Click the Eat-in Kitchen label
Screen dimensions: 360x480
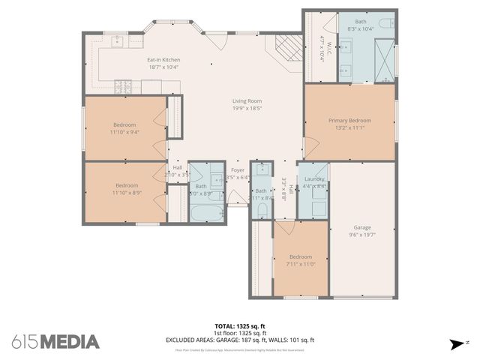pyautogui.click(x=163, y=59)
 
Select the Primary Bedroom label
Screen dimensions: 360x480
pyautogui.click(x=349, y=120)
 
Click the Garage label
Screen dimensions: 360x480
pyautogui.click(x=362, y=227)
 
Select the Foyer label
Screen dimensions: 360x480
pyautogui.click(x=238, y=169)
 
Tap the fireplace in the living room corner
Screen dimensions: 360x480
pyautogui.click(x=286, y=49)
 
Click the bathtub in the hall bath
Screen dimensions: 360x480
pyautogui.click(x=202, y=213)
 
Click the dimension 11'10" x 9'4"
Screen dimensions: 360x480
pyautogui.click(x=125, y=132)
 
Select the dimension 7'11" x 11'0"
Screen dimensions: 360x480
pyautogui.click(x=300, y=264)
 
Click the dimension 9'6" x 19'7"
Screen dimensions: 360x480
pyautogui.click(x=362, y=235)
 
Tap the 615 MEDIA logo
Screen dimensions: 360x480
pyautogui.click(x=55, y=341)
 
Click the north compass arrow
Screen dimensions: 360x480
pyautogui.click(x=456, y=343)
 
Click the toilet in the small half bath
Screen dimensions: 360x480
pyautogui.click(x=260, y=169)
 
